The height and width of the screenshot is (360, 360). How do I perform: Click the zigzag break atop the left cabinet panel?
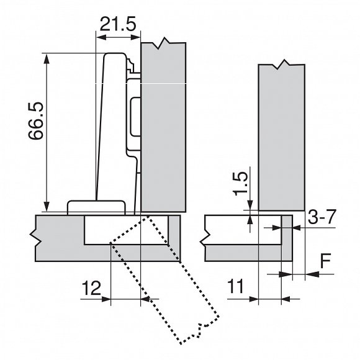163,43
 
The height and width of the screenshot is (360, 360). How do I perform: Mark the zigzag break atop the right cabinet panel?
283,65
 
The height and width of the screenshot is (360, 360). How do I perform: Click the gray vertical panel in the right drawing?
281,137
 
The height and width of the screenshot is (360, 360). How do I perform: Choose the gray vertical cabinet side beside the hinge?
164,124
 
